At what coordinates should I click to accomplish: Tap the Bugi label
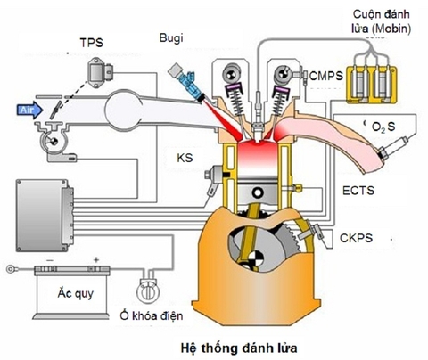pyautogui.click(x=170, y=38)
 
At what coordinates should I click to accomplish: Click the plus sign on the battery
pyautogui.click(x=95, y=262)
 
